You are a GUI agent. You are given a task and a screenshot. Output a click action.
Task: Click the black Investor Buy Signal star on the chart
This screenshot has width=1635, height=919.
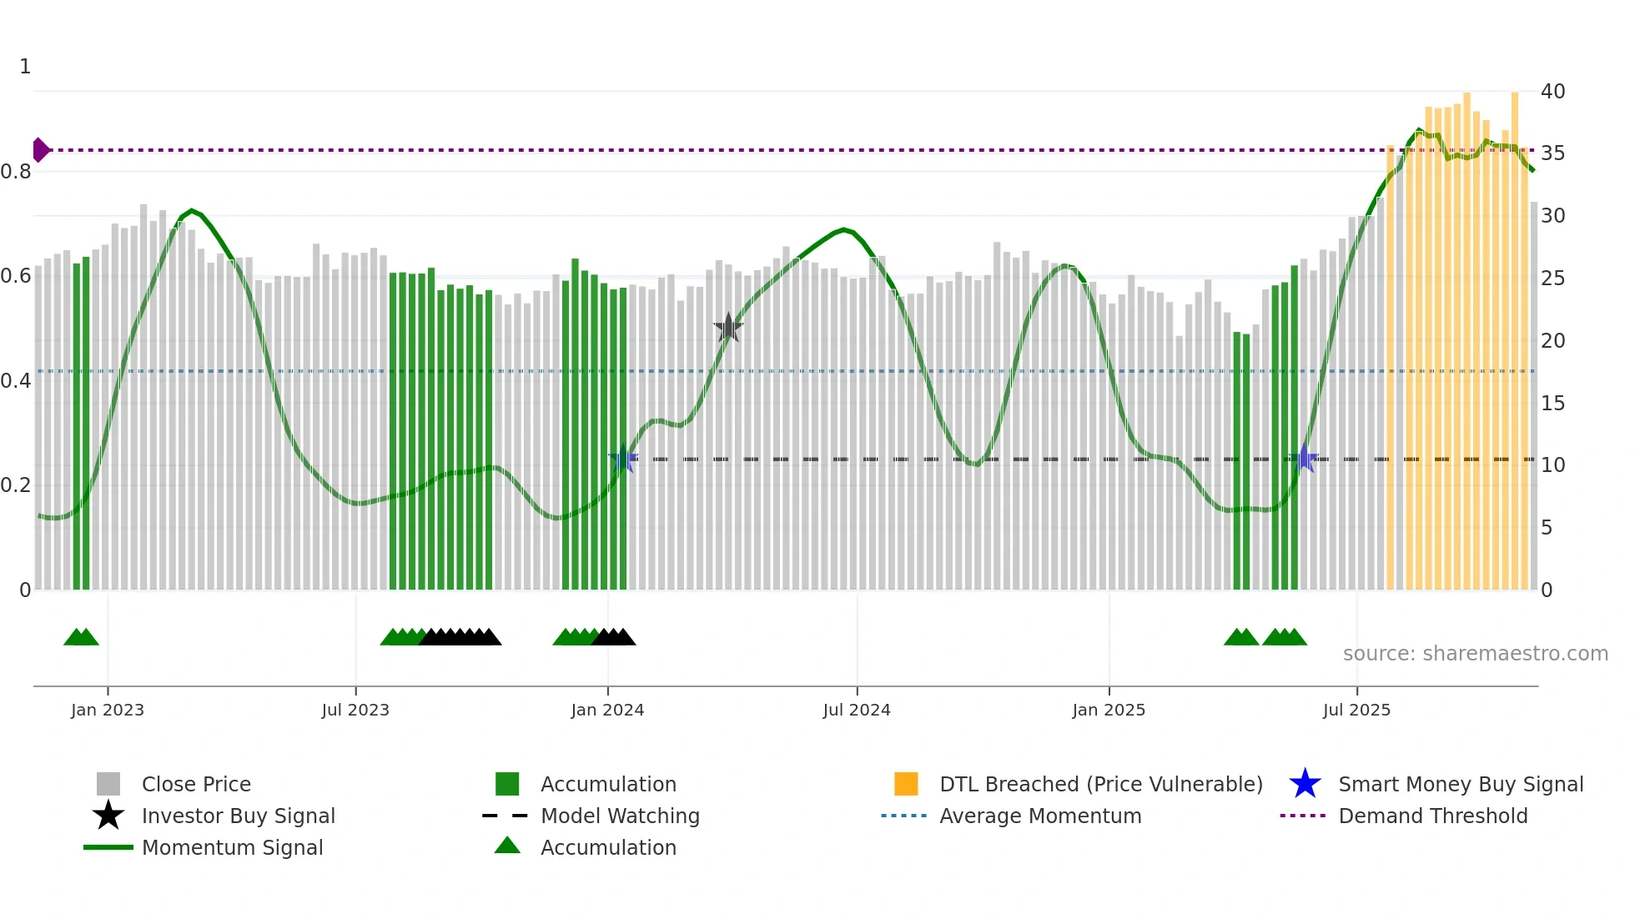point(728,328)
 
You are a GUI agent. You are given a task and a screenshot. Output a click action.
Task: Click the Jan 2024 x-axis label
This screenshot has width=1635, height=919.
point(607,710)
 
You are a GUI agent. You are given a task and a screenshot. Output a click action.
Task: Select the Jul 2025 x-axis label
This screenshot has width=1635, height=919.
point(1356,710)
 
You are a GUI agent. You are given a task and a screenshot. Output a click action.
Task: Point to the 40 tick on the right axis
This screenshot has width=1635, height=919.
point(1552,92)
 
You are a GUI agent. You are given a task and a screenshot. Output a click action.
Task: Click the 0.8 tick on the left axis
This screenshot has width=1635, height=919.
point(16,172)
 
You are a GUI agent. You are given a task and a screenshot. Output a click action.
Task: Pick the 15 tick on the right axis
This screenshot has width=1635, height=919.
point(1552,404)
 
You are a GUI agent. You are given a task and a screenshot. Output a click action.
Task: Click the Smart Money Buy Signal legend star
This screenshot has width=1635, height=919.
point(1305,784)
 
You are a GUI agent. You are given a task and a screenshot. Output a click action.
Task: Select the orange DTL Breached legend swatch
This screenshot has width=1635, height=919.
point(906,784)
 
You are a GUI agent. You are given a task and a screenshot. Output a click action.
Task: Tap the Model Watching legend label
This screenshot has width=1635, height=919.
point(620,816)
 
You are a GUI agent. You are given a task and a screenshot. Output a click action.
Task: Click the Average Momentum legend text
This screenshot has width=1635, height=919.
point(1040,816)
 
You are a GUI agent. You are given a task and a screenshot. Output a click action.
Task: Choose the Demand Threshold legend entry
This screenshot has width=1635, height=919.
point(1432,816)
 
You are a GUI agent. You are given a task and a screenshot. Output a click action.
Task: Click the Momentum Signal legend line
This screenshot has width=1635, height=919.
point(108,847)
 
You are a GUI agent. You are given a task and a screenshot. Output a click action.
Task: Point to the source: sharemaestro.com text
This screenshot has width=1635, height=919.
point(1475,654)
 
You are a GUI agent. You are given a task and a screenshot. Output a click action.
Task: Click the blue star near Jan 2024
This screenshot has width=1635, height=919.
point(623,459)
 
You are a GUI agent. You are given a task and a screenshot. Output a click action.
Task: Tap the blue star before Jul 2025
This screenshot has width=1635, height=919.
point(1305,459)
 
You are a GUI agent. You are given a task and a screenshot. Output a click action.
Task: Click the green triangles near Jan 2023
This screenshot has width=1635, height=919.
point(81,637)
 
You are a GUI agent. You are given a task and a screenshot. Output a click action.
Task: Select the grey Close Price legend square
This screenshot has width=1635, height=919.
point(108,784)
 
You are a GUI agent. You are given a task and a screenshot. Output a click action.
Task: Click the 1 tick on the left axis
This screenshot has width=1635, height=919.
point(25,67)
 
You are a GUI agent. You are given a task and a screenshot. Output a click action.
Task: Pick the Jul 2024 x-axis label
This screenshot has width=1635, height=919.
point(857,710)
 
